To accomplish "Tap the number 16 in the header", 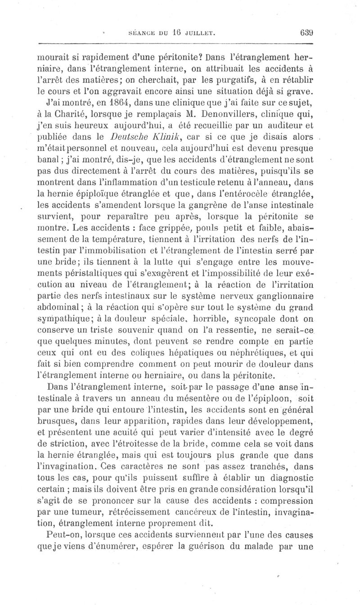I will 177,32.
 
